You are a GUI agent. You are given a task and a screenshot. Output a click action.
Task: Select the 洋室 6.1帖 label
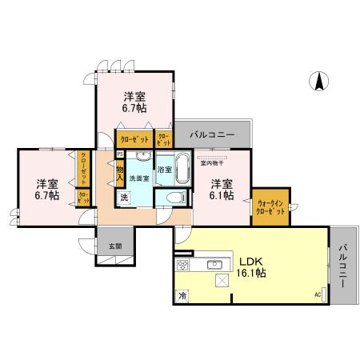221,189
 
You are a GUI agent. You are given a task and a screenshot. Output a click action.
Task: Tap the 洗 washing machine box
124,197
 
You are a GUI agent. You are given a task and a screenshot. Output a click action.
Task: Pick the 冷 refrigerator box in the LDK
182,294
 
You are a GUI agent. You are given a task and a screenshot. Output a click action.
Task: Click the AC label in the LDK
318,296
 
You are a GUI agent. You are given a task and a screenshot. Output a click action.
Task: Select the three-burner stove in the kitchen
182,265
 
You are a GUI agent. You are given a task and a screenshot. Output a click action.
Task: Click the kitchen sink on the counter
214,264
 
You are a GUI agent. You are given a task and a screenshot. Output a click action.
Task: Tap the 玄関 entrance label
114,246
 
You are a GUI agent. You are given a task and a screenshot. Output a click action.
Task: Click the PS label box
120,154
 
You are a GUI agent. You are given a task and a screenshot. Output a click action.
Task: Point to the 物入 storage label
119,174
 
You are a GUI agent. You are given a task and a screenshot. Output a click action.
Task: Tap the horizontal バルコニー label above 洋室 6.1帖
211,134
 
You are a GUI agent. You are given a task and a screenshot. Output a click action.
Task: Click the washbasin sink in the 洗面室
142,156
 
